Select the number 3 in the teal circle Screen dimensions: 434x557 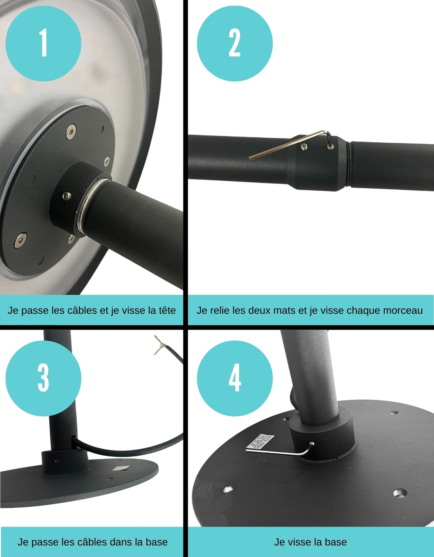click(x=43, y=378)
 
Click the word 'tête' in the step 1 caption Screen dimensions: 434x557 click(x=166, y=310)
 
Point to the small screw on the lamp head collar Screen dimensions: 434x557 click(x=67, y=196)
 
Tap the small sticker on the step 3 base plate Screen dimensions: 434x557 click(x=121, y=468)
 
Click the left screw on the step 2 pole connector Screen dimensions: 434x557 click(x=304, y=147)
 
